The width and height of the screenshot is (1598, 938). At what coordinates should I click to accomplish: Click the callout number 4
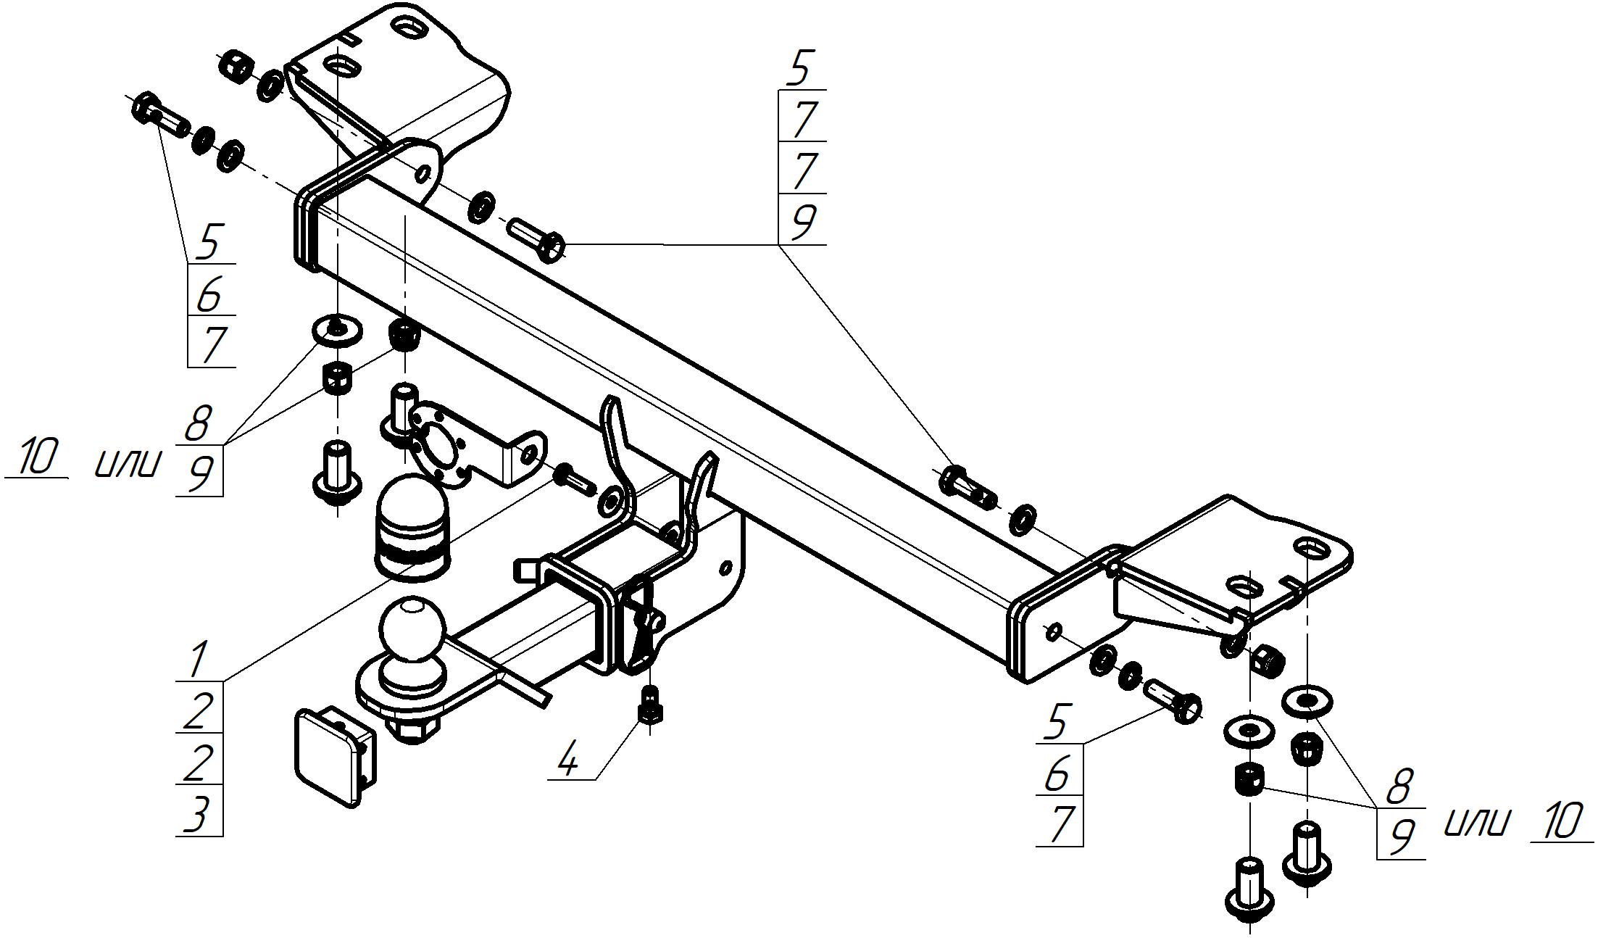(x=569, y=760)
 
